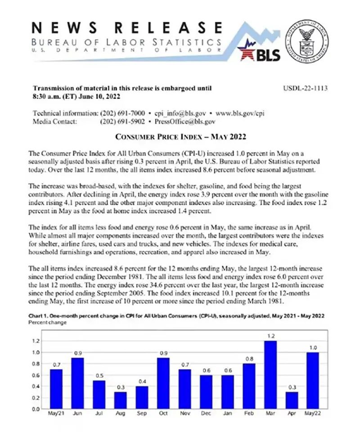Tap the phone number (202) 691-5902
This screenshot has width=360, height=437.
point(121,122)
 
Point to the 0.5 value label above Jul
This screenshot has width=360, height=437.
point(99,375)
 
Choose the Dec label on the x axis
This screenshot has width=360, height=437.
point(207,413)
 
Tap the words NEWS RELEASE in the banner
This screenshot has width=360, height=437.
point(126,27)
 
